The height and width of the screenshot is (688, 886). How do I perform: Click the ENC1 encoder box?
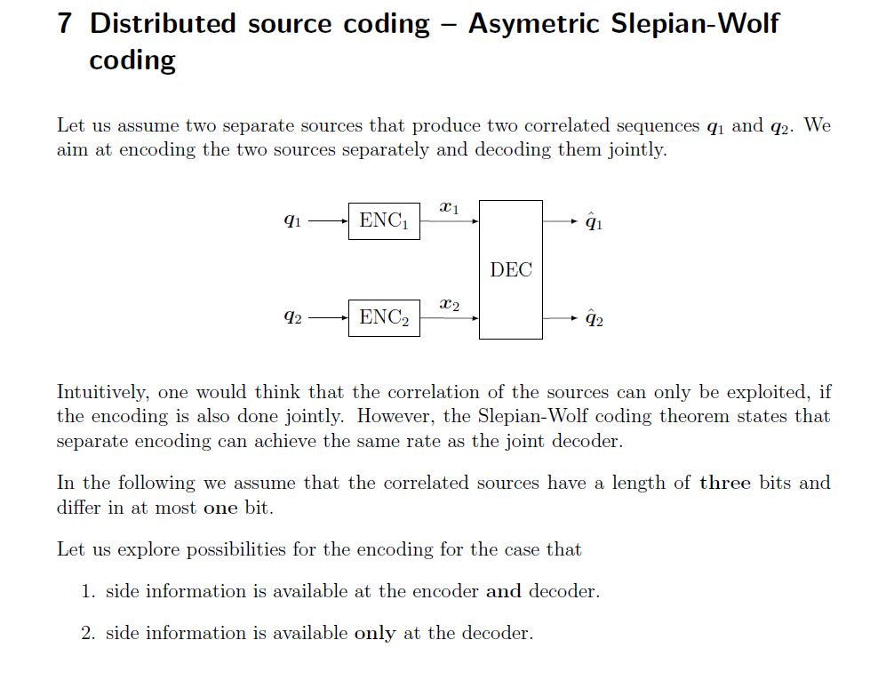click(x=384, y=220)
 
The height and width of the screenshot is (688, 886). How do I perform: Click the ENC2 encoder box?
click(x=384, y=317)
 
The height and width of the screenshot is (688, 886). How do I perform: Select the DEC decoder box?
click(x=511, y=269)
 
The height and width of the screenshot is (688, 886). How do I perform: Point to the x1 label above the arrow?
click(x=450, y=208)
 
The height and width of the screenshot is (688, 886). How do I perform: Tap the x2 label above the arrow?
click(x=450, y=305)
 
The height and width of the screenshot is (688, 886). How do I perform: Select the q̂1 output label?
click(x=595, y=221)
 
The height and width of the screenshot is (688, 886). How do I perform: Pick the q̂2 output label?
click(x=595, y=318)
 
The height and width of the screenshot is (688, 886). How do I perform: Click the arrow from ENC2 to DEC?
click(x=450, y=318)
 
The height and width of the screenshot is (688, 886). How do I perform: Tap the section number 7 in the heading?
click(x=65, y=24)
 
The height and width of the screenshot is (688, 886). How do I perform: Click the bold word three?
click(x=725, y=484)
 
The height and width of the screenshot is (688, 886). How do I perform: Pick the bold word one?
click(x=220, y=508)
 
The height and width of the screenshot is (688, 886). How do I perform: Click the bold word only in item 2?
click(x=374, y=634)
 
